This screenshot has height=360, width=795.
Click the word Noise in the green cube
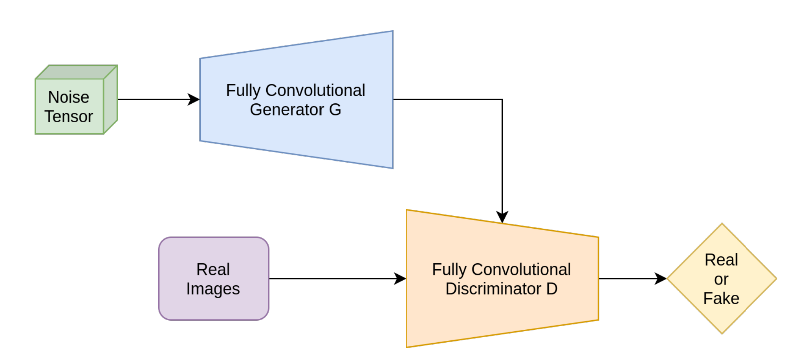[x=68, y=97]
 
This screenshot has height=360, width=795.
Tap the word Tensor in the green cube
[x=68, y=117]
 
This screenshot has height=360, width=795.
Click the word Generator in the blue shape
[x=287, y=110]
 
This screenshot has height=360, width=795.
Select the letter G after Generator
[x=335, y=110]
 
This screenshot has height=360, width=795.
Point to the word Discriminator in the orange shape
[x=493, y=289]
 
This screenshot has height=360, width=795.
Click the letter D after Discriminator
[x=551, y=289]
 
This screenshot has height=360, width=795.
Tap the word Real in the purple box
[x=213, y=270]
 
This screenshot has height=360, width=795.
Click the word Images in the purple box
[x=213, y=289]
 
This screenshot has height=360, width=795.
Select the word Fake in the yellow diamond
[x=721, y=298]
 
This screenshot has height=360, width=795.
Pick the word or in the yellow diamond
[x=721, y=279]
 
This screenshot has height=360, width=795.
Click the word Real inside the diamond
[x=721, y=260]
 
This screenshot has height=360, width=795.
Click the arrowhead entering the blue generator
[x=194, y=99]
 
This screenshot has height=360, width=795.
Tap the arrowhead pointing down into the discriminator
[x=502, y=217]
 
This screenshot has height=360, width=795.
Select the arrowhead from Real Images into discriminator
[x=400, y=279]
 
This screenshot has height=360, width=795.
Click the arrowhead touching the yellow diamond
[x=661, y=279]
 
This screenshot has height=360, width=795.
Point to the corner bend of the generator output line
[x=502, y=99]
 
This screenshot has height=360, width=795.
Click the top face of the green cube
[x=77, y=72]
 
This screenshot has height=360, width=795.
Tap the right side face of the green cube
[x=110, y=100]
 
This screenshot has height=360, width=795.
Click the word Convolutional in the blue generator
[x=315, y=90]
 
